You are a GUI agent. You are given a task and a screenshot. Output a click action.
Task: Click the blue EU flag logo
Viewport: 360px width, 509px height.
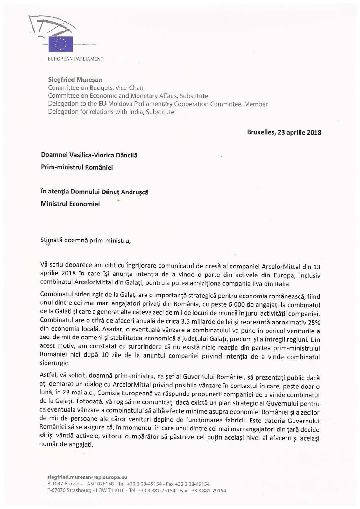(60, 44)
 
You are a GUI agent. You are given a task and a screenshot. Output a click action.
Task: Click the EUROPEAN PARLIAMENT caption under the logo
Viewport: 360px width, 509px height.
(75, 59)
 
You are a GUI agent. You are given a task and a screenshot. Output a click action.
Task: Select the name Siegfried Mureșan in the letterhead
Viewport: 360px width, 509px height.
(75, 80)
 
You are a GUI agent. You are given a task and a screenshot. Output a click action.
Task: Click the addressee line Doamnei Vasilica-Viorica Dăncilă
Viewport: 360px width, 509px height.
(89, 156)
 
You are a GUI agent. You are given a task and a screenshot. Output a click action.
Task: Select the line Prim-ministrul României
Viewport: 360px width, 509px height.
(77, 167)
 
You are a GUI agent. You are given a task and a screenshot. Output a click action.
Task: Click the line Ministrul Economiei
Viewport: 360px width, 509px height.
(70, 204)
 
